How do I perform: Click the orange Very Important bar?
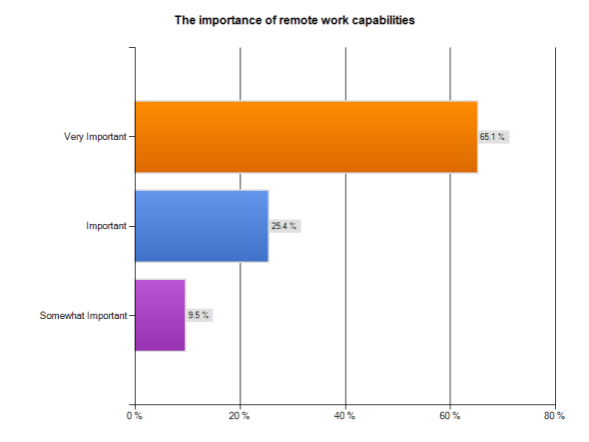coord(305,137)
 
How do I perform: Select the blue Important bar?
coord(201,226)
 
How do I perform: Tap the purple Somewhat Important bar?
coord(160,315)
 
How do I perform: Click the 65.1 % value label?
coord(493,137)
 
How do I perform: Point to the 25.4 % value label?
coord(285,226)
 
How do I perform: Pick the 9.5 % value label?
coord(198,315)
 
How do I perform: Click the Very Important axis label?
coord(95,137)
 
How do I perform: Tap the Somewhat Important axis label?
coord(83,316)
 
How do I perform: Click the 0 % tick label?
coord(135,415)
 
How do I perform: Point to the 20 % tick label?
coord(240,415)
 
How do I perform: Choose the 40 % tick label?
coord(345,415)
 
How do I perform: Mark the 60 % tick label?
coord(450,415)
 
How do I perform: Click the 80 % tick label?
coord(556,415)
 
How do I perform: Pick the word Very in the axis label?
coord(74,137)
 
